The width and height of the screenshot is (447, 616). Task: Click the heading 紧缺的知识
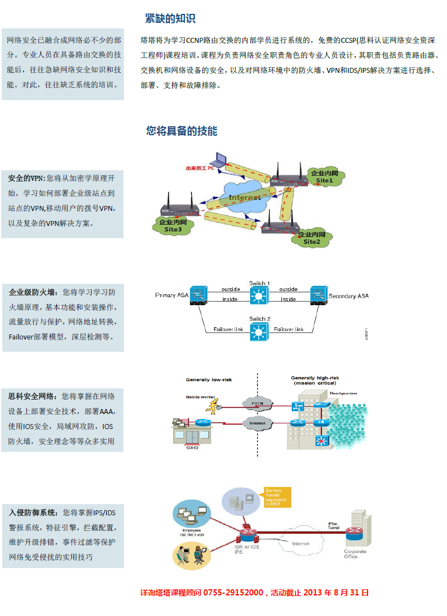click(170, 18)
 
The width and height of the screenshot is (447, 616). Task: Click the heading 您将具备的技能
click(182, 131)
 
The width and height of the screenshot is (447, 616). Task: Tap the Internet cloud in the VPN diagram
click(245, 196)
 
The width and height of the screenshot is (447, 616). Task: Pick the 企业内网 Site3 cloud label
click(172, 225)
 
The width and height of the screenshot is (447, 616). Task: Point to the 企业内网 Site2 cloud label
click(312, 238)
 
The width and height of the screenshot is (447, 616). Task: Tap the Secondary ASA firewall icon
click(319, 295)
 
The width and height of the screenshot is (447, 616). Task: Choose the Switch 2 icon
click(259, 332)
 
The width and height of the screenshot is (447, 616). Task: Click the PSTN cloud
click(257, 402)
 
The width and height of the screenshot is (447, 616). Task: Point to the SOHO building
click(192, 432)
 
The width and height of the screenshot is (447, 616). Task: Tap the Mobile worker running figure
click(210, 404)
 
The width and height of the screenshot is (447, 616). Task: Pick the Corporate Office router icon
click(354, 536)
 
